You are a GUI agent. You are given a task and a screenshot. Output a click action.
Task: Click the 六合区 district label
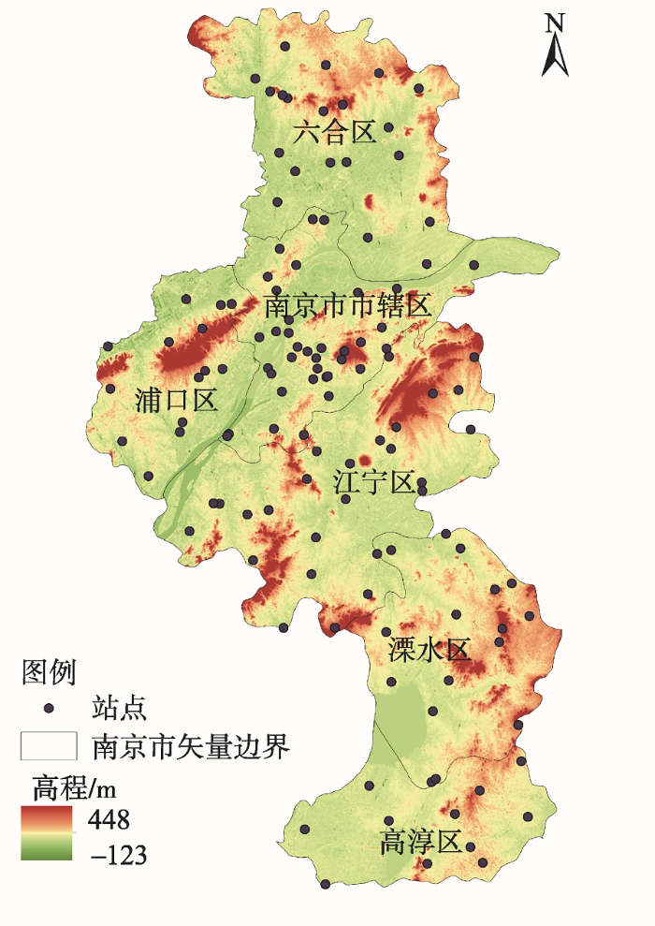tap(334, 132)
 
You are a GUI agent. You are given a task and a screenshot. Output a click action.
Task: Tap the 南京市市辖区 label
tap(347, 306)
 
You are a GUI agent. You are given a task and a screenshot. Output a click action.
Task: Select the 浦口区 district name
tap(176, 402)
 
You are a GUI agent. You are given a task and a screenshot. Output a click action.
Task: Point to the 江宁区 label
tap(373, 482)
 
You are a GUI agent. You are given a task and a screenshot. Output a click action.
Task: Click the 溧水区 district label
tap(429, 651)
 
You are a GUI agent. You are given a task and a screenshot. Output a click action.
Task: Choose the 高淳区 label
tap(421, 842)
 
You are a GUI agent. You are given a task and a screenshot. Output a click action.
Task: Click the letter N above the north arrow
tap(555, 23)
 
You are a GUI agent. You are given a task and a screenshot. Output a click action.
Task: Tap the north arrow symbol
tap(555, 57)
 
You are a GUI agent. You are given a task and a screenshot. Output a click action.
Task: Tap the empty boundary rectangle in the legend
tap(49, 746)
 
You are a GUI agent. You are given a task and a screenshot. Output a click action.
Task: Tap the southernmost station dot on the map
tap(325, 884)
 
